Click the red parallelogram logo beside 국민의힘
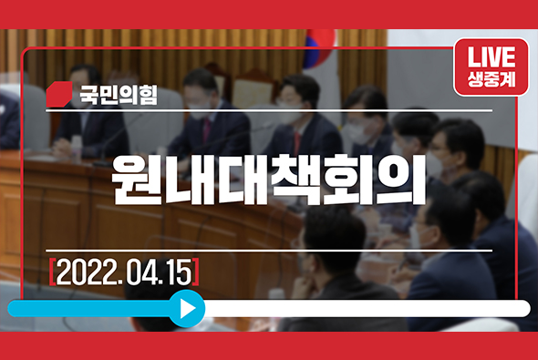(59, 94)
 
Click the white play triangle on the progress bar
(188, 308)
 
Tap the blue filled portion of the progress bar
(91, 308)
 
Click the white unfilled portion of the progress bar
(365, 308)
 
